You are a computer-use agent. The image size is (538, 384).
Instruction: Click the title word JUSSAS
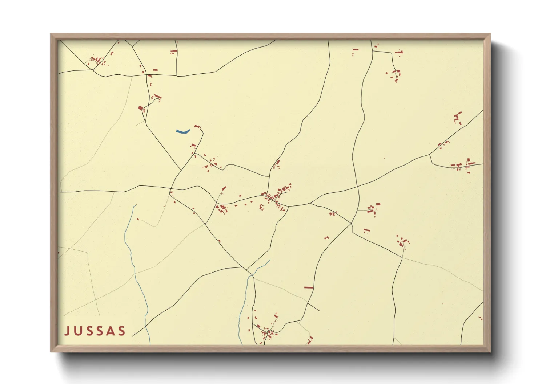95,331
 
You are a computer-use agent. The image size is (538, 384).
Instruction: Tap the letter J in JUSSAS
67,331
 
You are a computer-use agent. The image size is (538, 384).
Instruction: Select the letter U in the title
77,331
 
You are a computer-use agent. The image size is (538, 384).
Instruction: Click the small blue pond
183,131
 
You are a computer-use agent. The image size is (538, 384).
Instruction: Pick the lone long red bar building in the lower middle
309,287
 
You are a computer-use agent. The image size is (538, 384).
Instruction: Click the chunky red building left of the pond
141,108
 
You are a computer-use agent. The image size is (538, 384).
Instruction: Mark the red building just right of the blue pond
197,126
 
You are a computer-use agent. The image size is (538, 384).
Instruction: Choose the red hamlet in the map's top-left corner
96,61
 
